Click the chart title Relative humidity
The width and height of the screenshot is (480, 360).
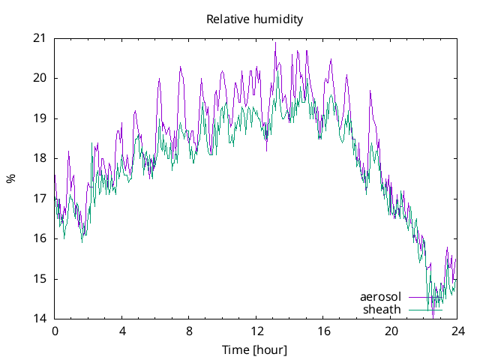pos(255,19)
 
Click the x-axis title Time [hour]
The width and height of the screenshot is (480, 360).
pos(255,349)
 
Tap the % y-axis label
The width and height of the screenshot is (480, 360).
pos(10,178)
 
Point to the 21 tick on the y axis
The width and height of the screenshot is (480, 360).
pos(39,38)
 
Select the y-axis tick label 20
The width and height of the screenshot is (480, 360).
pos(39,78)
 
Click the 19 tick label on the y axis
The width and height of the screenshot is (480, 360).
pos(39,118)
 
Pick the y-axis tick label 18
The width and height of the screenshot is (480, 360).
pos(39,158)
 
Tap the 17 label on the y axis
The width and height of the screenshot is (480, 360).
pos(39,199)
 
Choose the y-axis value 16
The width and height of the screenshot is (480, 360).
pos(39,238)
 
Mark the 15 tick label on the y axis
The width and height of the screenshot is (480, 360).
pos(39,279)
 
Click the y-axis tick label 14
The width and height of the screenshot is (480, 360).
pos(39,319)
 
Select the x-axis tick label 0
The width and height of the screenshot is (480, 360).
pos(55,331)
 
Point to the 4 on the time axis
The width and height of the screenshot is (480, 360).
pos(122,331)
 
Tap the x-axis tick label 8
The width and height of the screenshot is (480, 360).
pos(189,331)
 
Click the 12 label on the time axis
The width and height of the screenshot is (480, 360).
pos(256,331)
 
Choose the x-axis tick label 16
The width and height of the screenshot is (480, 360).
pos(324,331)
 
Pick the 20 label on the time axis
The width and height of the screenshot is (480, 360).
pos(391,331)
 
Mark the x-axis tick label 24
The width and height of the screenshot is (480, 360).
pos(458,331)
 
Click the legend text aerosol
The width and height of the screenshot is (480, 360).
pos(381,297)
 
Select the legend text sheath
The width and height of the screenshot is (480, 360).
pos(382,309)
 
